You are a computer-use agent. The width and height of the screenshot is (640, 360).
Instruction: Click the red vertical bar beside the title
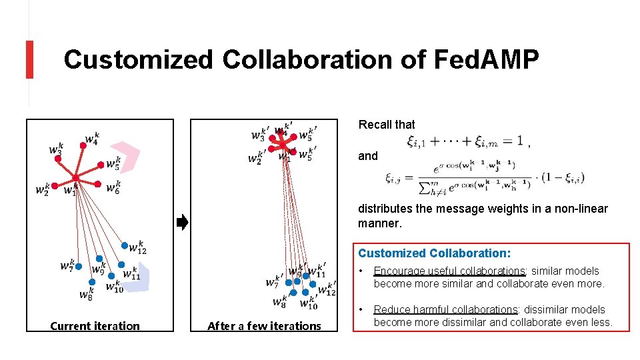point(29,59)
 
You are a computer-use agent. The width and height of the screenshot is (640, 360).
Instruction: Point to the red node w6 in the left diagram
point(97,184)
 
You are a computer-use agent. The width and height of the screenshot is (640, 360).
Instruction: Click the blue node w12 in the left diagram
point(124,245)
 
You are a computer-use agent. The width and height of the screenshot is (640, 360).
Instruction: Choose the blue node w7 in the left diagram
point(78,266)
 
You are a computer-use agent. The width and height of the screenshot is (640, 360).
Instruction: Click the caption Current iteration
point(95,326)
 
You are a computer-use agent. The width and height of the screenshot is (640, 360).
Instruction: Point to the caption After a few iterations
point(264,326)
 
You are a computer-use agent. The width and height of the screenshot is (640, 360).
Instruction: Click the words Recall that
point(387,125)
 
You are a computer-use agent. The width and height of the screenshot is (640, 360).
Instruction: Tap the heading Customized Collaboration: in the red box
point(435,253)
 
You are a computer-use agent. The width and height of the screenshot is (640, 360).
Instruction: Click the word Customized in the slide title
point(138,60)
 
